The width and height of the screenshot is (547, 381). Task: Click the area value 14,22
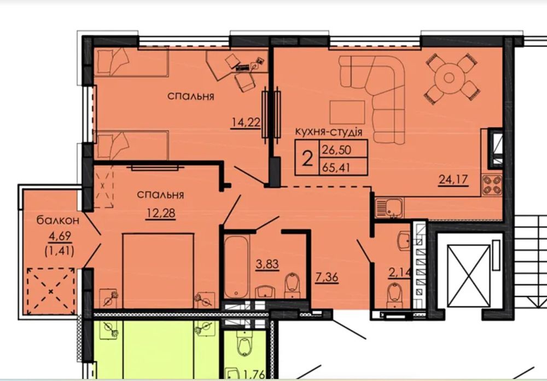point(246,123)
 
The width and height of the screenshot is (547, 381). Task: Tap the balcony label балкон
point(58,221)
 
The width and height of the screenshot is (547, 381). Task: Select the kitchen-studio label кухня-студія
point(329,132)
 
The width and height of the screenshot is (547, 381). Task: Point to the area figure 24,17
point(453,180)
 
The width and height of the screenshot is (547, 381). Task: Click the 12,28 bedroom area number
point(160,213)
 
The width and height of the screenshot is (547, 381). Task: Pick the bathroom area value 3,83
point(267,264)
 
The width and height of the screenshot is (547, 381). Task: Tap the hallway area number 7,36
point(327,278)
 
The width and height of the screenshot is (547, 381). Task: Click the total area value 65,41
point(336,168)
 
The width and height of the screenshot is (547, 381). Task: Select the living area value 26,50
point(336,150)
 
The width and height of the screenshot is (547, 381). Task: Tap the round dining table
point(449,78)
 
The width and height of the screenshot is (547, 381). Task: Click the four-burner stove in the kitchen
point(492,185)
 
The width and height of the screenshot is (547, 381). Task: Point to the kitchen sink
point(389,208)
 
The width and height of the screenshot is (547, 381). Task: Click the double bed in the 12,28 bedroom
point(158,271)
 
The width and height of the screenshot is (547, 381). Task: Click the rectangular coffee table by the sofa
point(347,112)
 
